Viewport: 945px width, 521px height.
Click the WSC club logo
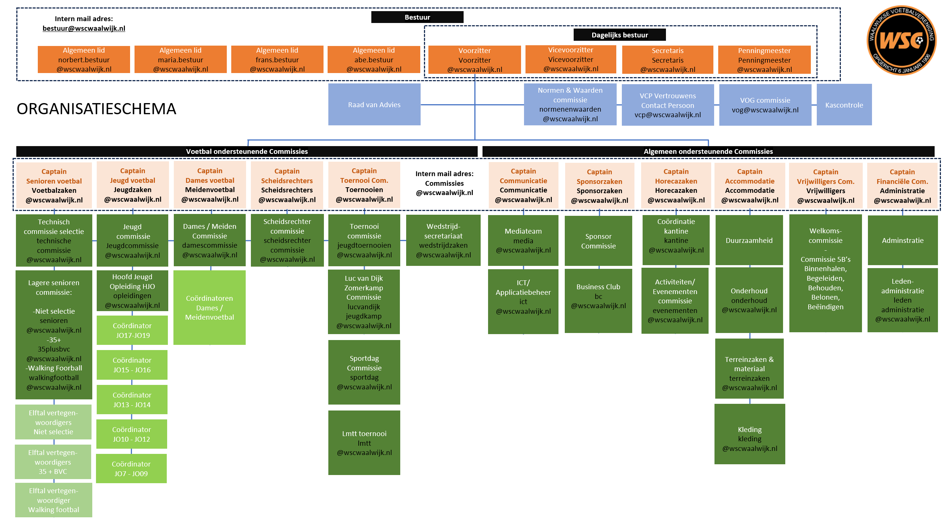(x=901, y=40)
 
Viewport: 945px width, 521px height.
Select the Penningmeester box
(x=764, y=60)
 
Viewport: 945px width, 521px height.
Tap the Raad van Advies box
(x=374, y=105)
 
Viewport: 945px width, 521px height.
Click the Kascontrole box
(x=844, y=105)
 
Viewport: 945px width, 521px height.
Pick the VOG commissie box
(x=765, y=105)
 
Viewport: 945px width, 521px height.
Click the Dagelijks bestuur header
(x=620, y=35)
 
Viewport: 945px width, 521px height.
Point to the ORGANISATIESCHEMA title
(x=96, y=109)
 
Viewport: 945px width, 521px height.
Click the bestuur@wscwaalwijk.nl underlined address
(x=84, y=29)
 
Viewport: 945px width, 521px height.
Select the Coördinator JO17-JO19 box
(x=132, y=330)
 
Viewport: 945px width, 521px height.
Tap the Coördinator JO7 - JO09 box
(x=131, y=469)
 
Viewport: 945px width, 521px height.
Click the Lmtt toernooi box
(x=364, y=443)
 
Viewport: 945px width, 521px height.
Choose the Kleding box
(x=750, y=434)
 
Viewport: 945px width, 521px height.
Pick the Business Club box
(x=598, y=301)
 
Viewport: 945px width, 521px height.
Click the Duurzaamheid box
(x=749, y=240)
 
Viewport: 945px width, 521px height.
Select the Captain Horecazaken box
(x=676, y=185)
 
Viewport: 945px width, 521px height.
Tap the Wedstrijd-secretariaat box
(x=443, y=240)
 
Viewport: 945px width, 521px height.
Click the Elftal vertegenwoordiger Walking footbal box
(x=54, y=500)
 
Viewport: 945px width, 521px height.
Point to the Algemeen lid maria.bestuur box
(x=180, y=59)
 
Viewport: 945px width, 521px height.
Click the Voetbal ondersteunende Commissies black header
(x=247, y=151)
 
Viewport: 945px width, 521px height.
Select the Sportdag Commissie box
(x=364, y=372)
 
